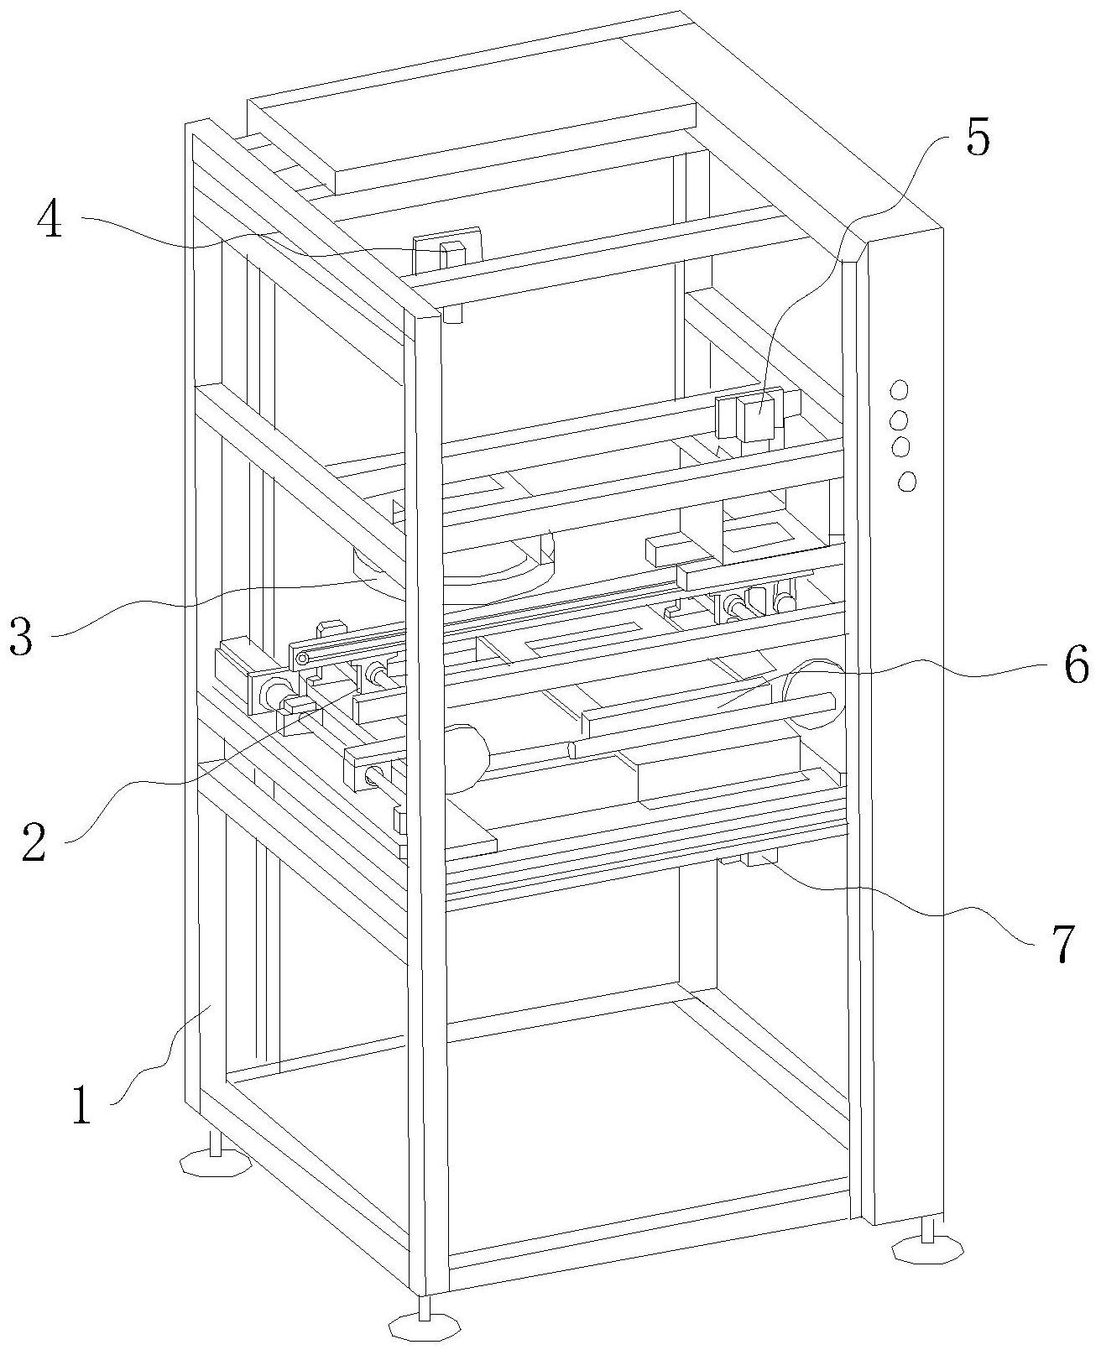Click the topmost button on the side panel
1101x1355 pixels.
pos(898,390)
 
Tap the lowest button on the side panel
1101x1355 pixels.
pos(906,481)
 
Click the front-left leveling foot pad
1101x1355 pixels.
pos(215,1165)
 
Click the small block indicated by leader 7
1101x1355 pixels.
pos(759,857)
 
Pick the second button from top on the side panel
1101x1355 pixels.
pos(900,419)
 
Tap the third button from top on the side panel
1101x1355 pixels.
pos(901,446)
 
